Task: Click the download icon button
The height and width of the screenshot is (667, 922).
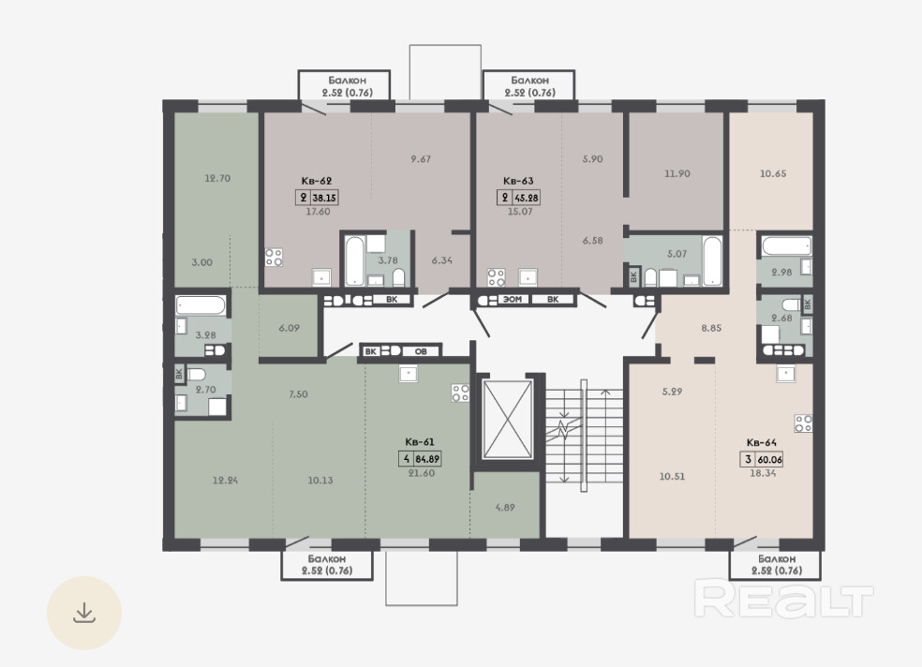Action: pos(84,613)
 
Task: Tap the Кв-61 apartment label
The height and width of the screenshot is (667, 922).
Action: pos(420,442)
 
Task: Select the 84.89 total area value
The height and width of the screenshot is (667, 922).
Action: pos(427,459)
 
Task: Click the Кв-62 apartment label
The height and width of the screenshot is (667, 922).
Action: pos(317,181)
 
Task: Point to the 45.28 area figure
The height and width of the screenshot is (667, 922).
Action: pos(527,198)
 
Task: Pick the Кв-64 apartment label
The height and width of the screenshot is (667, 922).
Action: pos(762,442)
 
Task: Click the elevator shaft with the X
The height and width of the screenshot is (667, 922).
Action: pos(507,419)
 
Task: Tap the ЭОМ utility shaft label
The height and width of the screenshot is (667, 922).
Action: pos(513,300)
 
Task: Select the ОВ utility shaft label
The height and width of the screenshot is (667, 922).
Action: pos(421,351)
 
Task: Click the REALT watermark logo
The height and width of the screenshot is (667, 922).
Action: pos(783,599)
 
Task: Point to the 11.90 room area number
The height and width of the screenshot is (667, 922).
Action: pos(677,174)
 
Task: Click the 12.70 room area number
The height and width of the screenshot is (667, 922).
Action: pos(217,178)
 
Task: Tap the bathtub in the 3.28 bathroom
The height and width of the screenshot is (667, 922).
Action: pos(200,305)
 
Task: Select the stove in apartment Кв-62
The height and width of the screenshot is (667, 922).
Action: pos(274,257)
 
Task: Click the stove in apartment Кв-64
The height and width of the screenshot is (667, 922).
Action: pos(803,423)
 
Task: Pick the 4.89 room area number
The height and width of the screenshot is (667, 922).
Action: pos(505,507)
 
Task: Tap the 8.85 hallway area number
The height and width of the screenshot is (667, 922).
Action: pos(711,328)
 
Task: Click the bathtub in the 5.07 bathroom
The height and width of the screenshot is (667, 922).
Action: pos(712,261)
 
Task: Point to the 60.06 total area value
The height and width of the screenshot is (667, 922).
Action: pos(769,460)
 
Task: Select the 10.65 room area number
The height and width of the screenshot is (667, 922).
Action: pos(773,174)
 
